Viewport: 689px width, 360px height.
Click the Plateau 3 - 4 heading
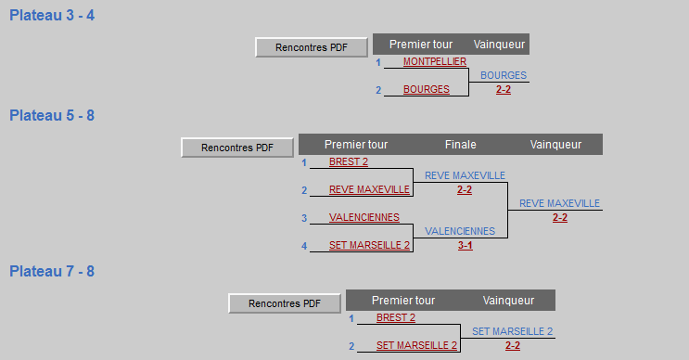52,16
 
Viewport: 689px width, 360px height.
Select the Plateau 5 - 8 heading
52,116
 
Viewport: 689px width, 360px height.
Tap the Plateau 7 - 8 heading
52,272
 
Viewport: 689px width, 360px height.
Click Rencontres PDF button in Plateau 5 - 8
237,148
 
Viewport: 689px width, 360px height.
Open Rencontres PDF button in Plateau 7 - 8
285,303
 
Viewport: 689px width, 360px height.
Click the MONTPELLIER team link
435,61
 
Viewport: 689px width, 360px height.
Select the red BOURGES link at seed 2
427,89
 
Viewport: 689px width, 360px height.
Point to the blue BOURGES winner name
504,75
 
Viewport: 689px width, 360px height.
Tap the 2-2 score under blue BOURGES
504,90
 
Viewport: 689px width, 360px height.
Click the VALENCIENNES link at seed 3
364,217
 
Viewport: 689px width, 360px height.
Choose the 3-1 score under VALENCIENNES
466,245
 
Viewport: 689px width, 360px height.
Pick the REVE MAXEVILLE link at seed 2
369,189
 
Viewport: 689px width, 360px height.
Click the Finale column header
461,145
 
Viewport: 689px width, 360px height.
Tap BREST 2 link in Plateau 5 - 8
349,161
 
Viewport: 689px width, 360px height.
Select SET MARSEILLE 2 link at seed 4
370,245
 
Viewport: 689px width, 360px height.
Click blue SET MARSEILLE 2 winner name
513,331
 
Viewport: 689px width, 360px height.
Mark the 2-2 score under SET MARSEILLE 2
513,345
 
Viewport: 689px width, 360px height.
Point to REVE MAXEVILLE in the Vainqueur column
559,203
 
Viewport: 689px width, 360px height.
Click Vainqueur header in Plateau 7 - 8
508,301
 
